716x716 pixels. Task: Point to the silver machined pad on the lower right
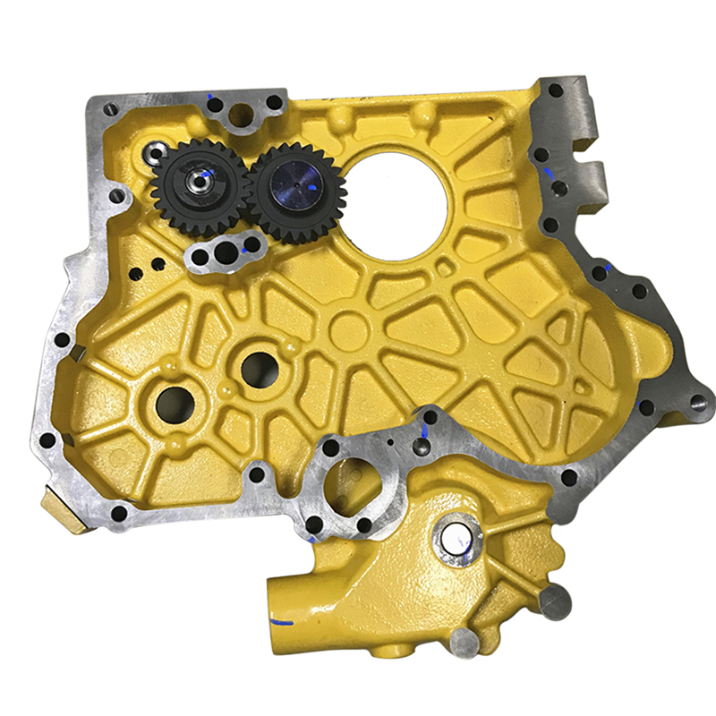(555, 601)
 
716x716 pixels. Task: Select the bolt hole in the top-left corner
(111, 110)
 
